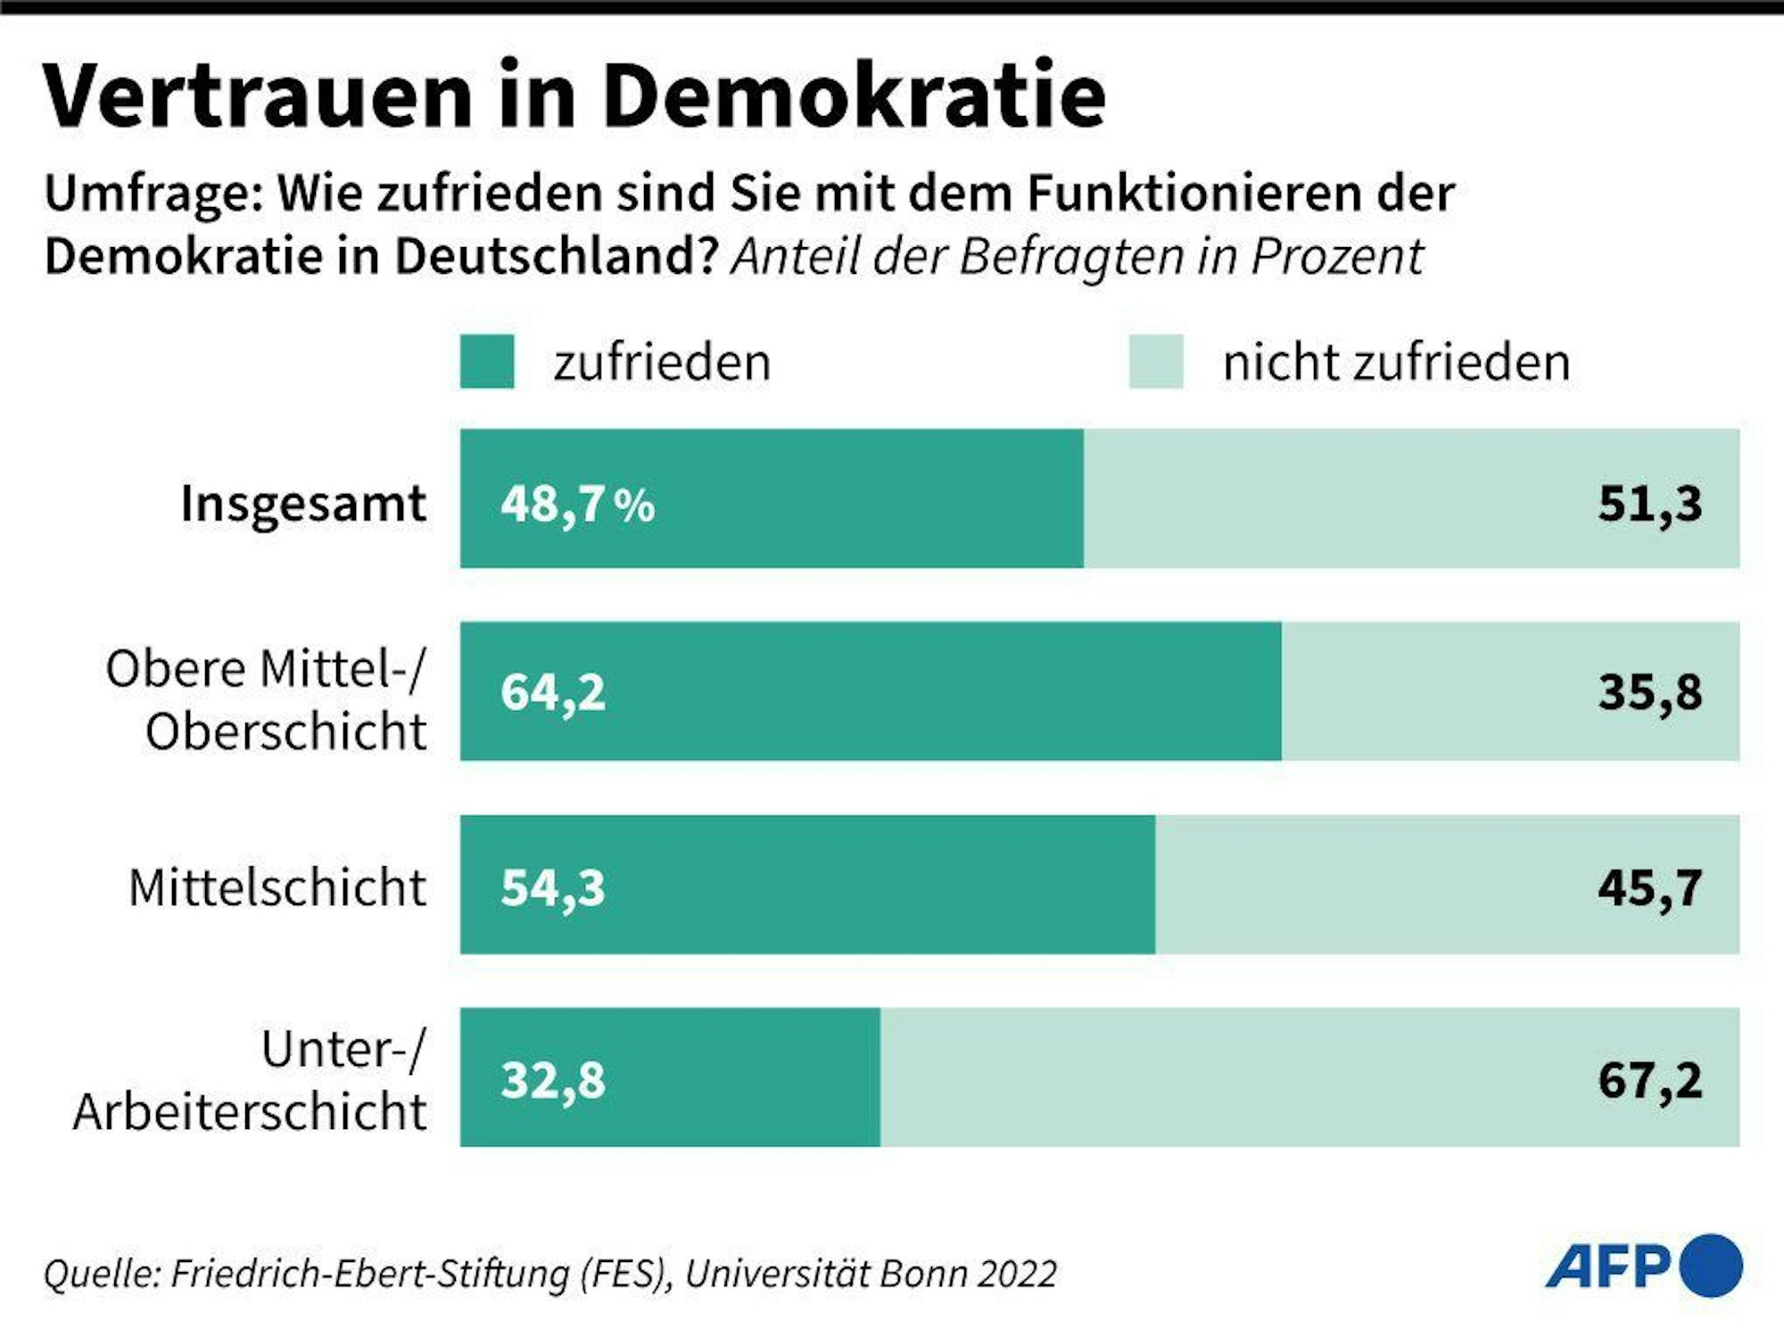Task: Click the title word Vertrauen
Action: [257, 96]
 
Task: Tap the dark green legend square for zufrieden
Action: [487, 361]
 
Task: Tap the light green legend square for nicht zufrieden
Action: [1156, 361]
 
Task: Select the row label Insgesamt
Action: [303, 503]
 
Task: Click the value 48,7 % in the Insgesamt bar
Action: [577, 504]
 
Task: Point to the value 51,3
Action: [1649, 504]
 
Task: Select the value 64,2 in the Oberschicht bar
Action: [553, 692]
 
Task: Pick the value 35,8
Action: [1649, 692]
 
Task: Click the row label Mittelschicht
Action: [277, 888]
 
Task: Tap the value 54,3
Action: [553, 888]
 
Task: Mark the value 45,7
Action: [1649, 888]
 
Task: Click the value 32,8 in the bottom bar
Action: [553, 1080]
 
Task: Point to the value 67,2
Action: [1649, 1080]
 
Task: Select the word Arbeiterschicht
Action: [250, 1112]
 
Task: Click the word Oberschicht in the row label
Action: [285, 732]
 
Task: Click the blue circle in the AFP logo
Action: [1710, 1266]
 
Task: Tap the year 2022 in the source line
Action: [1016, 1274]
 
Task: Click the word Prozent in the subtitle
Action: [1336, 257]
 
